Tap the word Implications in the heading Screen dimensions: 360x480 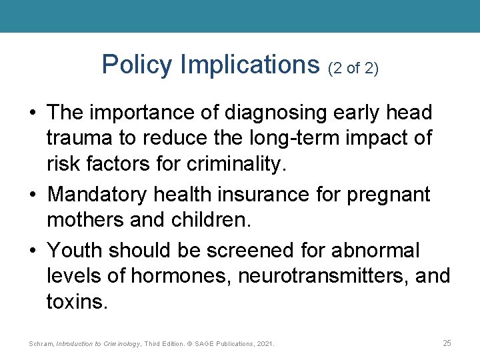point(250,65)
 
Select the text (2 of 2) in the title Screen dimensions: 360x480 point(353,67)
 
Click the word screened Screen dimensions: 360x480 point(253,251)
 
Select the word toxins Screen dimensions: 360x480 point(75,301)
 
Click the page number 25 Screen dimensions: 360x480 point(447,343)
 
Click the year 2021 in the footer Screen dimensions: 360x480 point(265,344)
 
